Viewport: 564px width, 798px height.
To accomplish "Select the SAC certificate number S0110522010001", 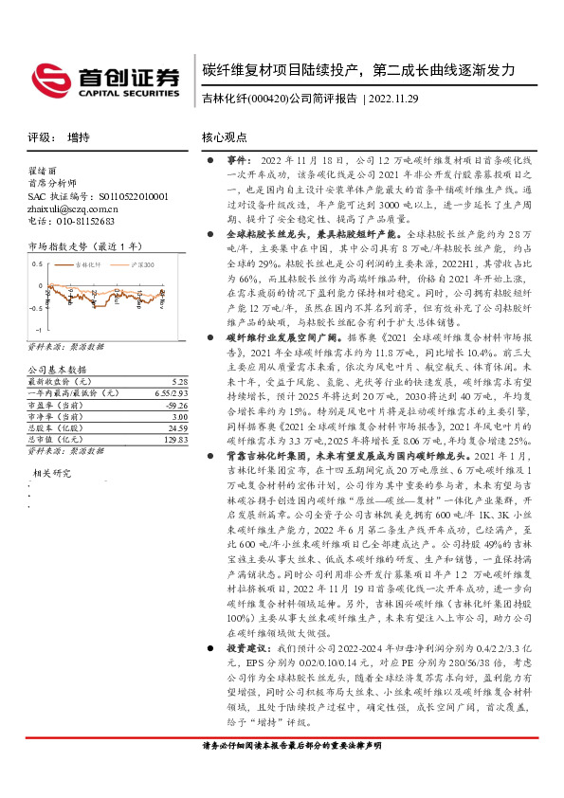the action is coord(123,196).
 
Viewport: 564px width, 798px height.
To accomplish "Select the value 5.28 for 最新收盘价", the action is coord(180,354).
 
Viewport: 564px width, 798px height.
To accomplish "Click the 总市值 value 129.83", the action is coord(175,413).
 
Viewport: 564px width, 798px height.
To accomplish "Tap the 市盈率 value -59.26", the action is coord(176,378).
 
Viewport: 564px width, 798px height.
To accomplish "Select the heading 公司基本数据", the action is coord(58,343).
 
